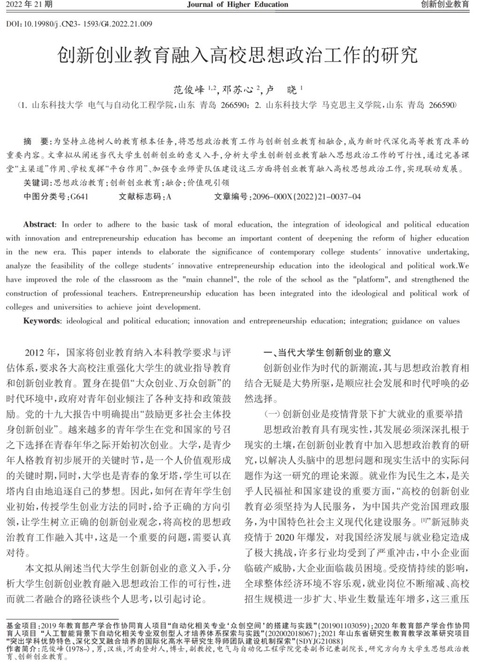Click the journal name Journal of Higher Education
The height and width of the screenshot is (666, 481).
(237, 5)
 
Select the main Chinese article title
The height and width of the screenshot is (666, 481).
(237, 55)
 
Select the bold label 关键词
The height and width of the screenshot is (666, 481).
(38, 183)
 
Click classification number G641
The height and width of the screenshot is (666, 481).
(79, 197)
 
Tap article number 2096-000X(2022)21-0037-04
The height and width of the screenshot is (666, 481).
(306, 197)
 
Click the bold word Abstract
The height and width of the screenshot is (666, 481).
(39, 225)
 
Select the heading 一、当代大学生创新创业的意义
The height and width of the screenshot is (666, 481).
(327, 353)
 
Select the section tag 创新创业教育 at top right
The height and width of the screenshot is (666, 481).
(445, 5)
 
